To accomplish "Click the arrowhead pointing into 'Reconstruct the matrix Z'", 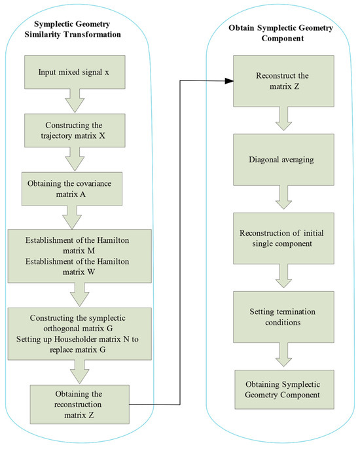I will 230,81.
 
